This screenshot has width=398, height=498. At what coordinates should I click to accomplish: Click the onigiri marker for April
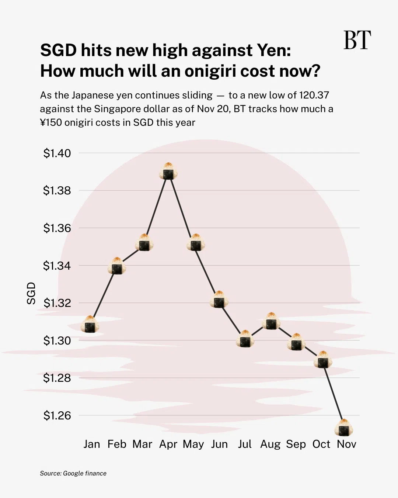(x=168, y=171)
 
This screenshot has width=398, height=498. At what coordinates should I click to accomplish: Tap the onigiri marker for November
(x=344, y=428)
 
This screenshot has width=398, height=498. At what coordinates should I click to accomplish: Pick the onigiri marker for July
(x=245, y=339)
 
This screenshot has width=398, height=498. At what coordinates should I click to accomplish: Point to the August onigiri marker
(x=271, y=321)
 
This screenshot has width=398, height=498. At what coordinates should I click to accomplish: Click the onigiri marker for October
(x=323, y=360)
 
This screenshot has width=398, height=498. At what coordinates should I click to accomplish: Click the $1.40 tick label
(x=57, y=153)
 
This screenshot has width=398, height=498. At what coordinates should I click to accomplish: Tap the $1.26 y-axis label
(x=57, y=415)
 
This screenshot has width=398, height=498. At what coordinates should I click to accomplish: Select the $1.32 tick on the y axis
(x=57, y=303)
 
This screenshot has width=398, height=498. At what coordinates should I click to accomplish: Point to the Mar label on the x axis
(x=142, y=444)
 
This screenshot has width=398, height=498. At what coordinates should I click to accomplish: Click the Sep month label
(x=296, y=444)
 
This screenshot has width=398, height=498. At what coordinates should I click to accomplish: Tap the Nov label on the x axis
(x=346, y=444)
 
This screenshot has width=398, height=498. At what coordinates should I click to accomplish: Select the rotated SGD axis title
(x=31, y=293)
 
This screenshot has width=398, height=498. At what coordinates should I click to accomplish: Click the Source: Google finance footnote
(x=73, y=473)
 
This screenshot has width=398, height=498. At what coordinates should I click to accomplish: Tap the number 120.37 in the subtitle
(x=314, y=95)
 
